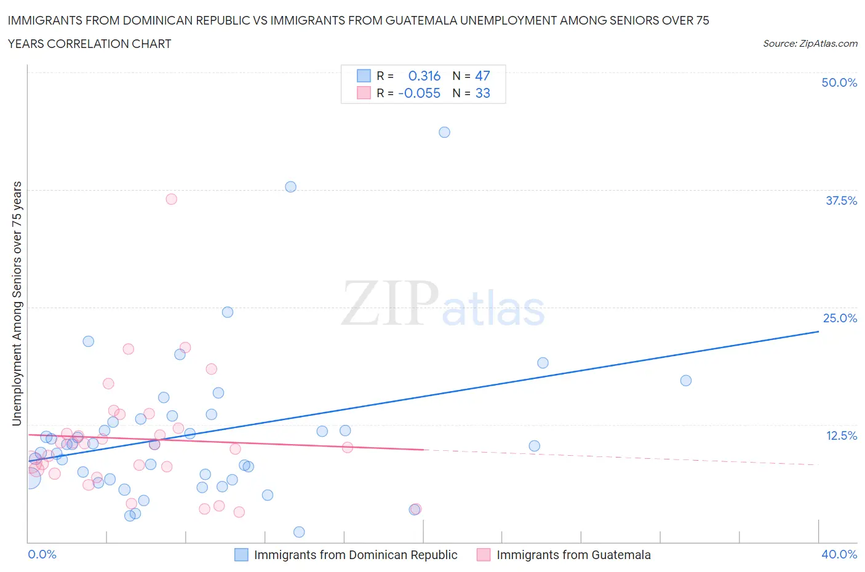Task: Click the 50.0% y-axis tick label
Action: point(839,82)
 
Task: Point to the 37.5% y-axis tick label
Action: point(841,201)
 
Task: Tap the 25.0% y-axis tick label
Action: point(840,318)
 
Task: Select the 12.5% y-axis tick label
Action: point(841,435)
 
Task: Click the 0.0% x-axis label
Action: point(42,554)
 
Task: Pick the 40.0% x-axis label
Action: point(839,554)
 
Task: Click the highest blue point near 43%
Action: point(444,132)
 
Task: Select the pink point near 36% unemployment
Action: point(171,199)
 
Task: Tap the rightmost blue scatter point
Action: point(686,380)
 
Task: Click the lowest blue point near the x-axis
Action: point(299,532)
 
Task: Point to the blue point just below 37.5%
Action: point(290,186)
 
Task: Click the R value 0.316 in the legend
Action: point(425,76)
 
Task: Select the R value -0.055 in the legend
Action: point(420,93)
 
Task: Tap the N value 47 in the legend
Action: point(482,76)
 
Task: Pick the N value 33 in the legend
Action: point(482,93)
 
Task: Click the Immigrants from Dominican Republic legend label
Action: point(356,555)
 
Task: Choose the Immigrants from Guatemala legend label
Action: point(573,555)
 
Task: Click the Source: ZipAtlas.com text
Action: point(810,43)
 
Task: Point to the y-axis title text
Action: point(17,303)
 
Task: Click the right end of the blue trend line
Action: point(818,332)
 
